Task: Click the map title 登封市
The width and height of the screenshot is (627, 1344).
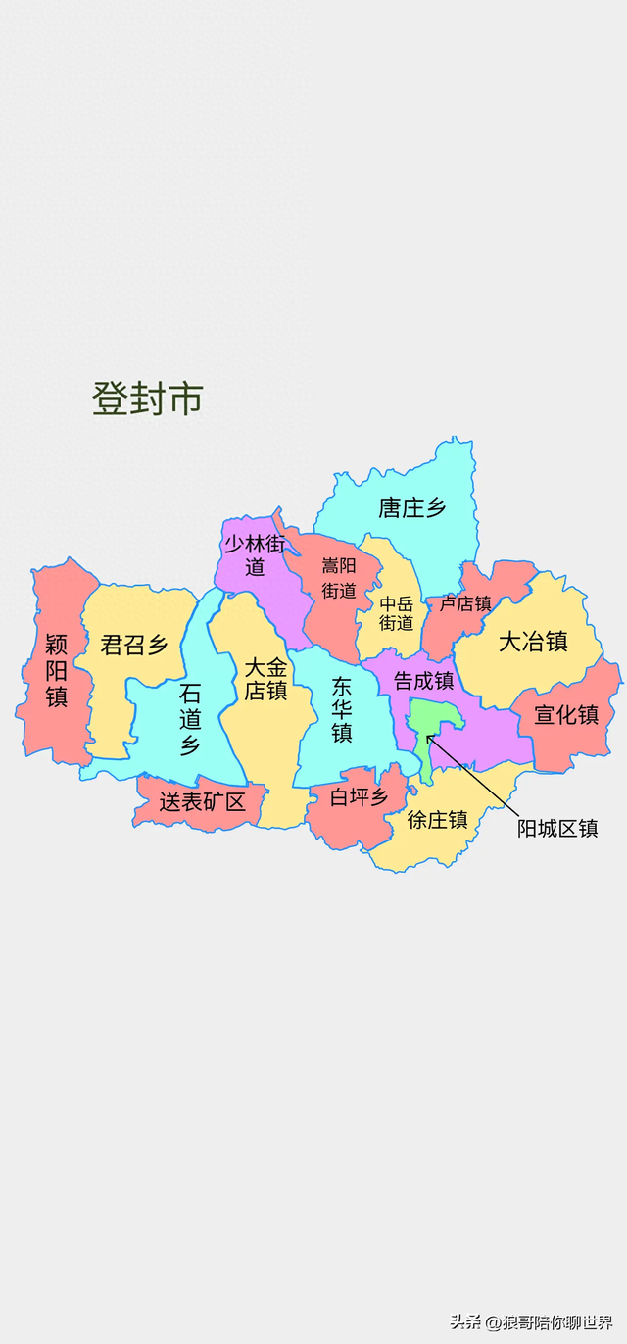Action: pos(148,399)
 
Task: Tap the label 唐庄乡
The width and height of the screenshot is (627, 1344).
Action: pos(412,507)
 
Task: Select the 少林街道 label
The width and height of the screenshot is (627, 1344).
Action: pos(255,555)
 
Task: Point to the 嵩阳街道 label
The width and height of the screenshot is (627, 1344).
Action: pos(339,578)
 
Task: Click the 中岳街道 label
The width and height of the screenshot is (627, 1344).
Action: pos(397,613)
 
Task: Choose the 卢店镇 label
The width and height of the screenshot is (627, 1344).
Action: pos(465,603)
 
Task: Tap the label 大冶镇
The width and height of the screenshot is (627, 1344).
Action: pos(533,642)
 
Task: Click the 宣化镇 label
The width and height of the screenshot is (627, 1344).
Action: pos(566,715)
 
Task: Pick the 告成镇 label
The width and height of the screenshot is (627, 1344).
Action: pos(424,680)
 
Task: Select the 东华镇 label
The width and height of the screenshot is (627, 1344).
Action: pos(341,709)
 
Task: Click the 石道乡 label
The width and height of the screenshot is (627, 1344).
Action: pos(190,720)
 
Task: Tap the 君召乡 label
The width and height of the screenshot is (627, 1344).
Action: pos(134,646)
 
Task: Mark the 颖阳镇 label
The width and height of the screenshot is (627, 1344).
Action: pos(56,671)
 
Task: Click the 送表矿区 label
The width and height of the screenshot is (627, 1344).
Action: pos(202,802)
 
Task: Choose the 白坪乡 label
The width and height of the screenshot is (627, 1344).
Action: pos(359,797)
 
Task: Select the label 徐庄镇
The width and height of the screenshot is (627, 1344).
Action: pos(438,820)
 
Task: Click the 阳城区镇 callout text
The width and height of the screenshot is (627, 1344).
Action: pos(557,829)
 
